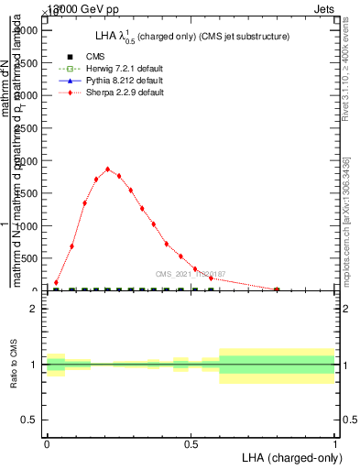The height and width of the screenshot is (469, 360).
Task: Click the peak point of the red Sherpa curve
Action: point(108,169)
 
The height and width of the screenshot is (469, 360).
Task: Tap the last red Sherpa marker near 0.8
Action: point(277,289)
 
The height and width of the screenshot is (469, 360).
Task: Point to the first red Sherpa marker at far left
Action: point(56,282)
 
